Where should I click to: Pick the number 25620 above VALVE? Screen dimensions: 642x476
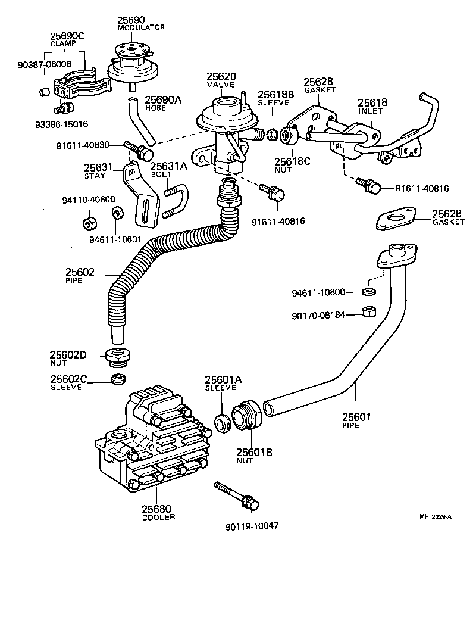click(221, 77)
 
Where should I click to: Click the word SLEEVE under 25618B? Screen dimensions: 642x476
click(275, 102)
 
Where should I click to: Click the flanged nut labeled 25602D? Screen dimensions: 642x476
click(117, 358)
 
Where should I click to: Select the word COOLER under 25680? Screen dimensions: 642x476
click(158, 517)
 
